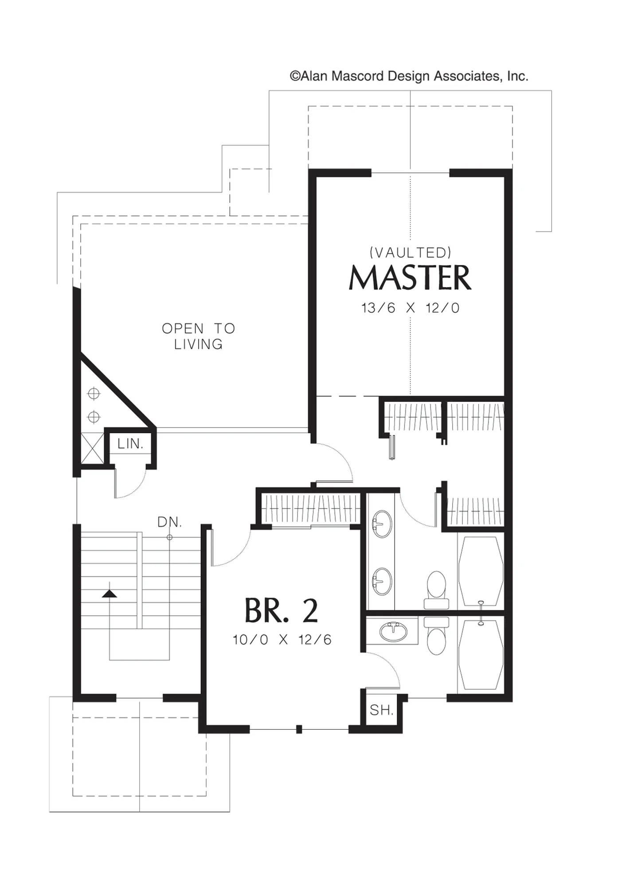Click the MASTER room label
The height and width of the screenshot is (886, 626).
pyautogui.click(x=410, y=278)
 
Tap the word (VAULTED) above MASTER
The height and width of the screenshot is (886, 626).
pyautogui.click(x=411, y=253)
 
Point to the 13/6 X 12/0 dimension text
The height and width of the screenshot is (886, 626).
pyautogui.click(x=411, y=308)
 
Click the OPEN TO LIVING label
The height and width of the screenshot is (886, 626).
pyautogui.click(x=198, y=336)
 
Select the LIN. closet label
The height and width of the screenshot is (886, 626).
pyautogui.click(x=130, y=444)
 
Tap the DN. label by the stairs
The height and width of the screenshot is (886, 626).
pyautogui.click(x=170, y=522)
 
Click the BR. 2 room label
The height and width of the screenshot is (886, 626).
pyautogui.click(x=281, y=611)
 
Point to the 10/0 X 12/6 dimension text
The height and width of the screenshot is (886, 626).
pyautogui.click(x=282, y=640)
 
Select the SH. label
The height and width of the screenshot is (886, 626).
pyautogui.click(x=382, y=710)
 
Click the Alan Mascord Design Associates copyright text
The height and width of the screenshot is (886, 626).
pyautogui.click(x=409, y=76)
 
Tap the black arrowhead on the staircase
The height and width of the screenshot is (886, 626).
pyautogui.click(x=110, y=594)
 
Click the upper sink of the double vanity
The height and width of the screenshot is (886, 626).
pyautogui.click(x=382, y=524)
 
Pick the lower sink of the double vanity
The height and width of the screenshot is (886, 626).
pyautogui.click(x=382, y=582)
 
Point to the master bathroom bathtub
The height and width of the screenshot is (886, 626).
pyautogui.click(x=481, y=571)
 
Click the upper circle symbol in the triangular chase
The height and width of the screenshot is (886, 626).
pyautogui.click(x=94, y=393)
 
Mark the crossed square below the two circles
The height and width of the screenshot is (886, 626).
pyautogui.click(x=93, y=448)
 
